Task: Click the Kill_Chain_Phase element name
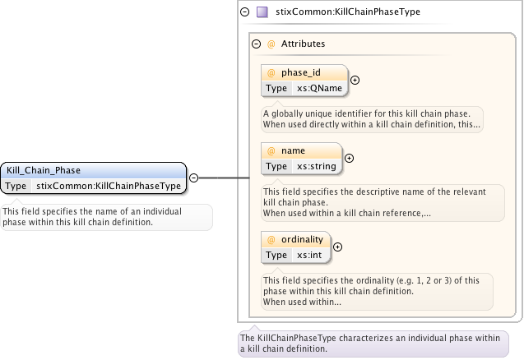click(44, 170)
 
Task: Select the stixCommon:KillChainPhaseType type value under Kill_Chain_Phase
click(109, 186)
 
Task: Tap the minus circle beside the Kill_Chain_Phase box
click(193, 177)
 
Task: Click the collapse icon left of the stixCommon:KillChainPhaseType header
click(244, 12)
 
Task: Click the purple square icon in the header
click(262, 12)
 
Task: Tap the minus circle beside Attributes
click(256, 44)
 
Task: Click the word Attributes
click(303, 44)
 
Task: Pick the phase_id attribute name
click(301, 73)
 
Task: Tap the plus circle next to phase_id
click(355, 80)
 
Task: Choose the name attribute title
click(294, 150)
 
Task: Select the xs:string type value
click(317, 166)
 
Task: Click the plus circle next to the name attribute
click(348, 158)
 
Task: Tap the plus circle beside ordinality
click(337, 247)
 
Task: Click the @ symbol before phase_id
click(271, 73)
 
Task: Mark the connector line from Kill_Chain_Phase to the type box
click(222, 177)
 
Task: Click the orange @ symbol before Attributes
click(271, 44)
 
